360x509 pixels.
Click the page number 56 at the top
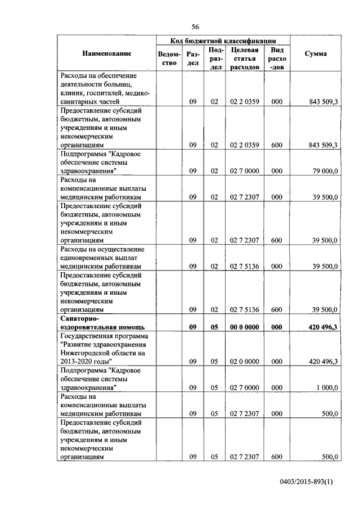[195, 27]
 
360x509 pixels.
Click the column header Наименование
[107, 53]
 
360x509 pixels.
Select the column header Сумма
[316, 53]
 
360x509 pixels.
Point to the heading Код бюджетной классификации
[223, 40]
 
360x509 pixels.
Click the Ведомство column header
[169, 58]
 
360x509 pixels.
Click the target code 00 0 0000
[244, 326]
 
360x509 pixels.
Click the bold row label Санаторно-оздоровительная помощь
[102, 322]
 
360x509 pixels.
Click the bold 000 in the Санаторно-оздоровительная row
[277, 326]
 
